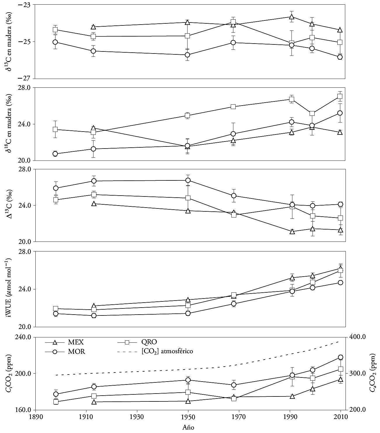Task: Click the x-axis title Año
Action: pos(188,427)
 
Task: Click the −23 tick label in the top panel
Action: pos(26,5)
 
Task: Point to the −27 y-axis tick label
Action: pos(26,78)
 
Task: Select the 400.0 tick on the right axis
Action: pos(355,337)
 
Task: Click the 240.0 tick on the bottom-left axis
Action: pos(25,337)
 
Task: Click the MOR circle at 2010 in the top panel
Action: pos(340,57)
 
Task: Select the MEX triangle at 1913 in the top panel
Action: pos(93,27)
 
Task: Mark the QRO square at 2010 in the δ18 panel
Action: pos(340,96)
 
